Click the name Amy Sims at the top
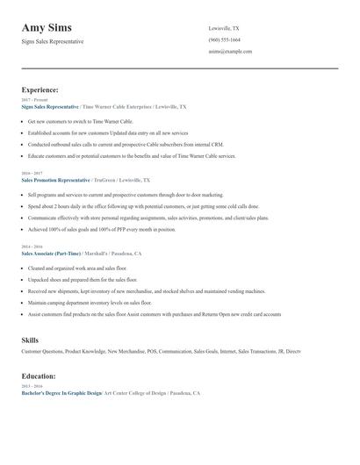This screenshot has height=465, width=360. [x=47, y=28]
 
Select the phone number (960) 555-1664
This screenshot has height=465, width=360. [x=225, y=39]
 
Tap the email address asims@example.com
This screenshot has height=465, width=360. [x=230, y=52]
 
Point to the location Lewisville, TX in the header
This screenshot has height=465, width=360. [x=225, y=28]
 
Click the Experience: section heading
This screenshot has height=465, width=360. [x=40, y=89]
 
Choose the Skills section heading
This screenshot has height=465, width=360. [x=30, y=339]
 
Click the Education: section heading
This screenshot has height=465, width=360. [x=40, y=376]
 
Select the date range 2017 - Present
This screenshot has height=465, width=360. [x=33, y=100]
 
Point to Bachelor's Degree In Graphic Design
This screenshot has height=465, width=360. [x=61, y=393]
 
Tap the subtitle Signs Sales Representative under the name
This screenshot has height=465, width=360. [x=53, y=41]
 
